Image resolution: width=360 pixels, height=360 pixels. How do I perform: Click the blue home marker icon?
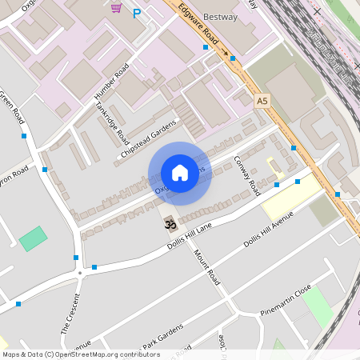click(180, 173)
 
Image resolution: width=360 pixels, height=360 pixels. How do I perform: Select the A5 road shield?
click(262, 101)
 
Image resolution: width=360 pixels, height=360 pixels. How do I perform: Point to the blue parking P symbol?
click(137, 13)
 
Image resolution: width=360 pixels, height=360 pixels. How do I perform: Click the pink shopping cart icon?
click(117, 8)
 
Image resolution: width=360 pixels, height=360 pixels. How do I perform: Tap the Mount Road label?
click(206, 267)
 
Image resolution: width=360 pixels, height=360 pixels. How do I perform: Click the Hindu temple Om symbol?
click(170, 225)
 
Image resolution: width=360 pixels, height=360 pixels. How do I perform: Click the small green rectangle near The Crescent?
click(33, 238)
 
